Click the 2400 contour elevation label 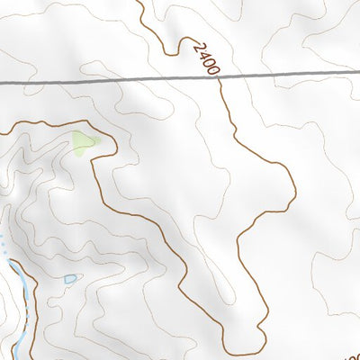coord(205,58)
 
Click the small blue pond coord(69,280)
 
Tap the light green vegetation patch coord(85,142)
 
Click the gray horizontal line coord(108,81)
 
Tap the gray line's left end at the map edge coord(2,84)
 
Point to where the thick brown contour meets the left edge coord(2,132)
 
